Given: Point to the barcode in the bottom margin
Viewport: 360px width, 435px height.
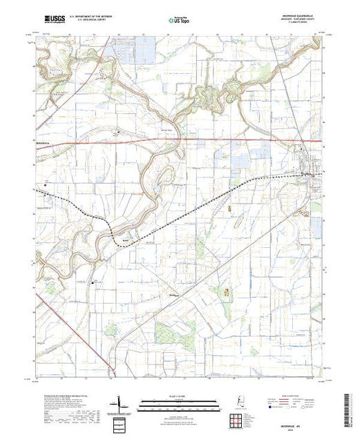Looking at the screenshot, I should pyautogui.click(x=353, y=407).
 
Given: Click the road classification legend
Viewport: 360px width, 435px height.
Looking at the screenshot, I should pyautogui.click(x=296, y=404).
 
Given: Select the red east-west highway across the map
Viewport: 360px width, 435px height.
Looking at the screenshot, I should pyautogui.click(x=207, y=140).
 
